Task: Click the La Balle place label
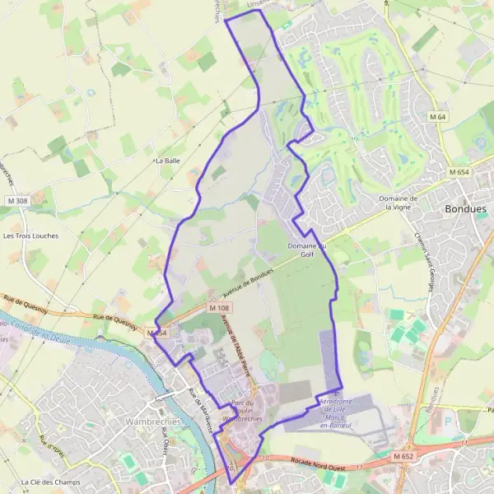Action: click(168, 161)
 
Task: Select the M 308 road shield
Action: click(16, 201)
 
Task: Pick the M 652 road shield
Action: click(403, 456)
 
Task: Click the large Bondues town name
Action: click(465, 209)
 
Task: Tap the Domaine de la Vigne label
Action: click(399, 203)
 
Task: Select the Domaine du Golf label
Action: click(306, 250)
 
